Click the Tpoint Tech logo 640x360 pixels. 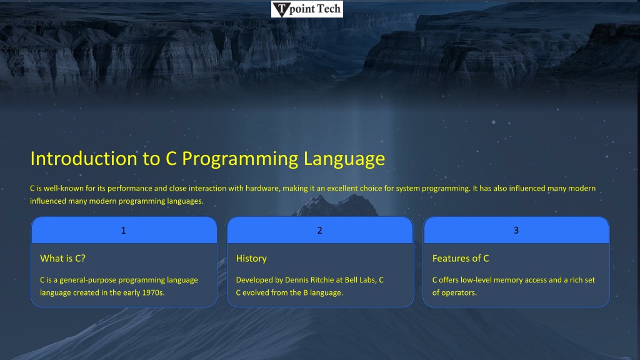[x=307, y=9]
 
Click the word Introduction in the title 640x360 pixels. [x=84, y=158]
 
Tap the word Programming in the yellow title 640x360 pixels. [x=240, y=159]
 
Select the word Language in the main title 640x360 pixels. [x=344, y=159]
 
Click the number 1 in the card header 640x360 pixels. [x=123, y=231]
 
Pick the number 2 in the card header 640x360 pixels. [x=319, y=231]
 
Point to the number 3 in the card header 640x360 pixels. [x=516, y=230]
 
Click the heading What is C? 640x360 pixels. [x=63, y=258]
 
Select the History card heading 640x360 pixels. [x=251, y=259]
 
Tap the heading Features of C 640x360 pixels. [x=461, y=258]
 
